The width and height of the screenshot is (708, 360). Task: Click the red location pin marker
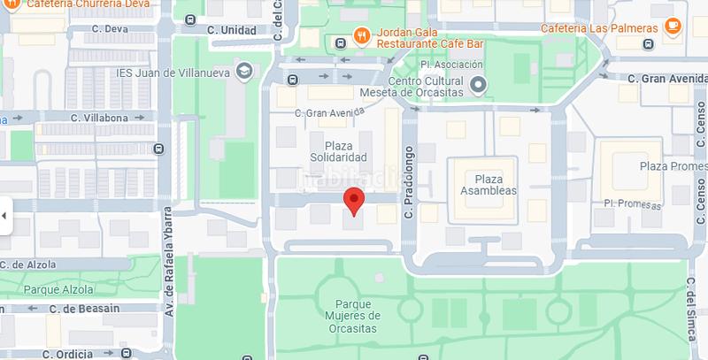353,201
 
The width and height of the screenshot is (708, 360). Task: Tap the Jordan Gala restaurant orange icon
361,36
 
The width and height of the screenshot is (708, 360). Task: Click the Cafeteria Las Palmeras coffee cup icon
673,25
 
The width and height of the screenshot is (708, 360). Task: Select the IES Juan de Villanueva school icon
244,70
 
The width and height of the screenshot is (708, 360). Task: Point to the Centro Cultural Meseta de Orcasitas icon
479,85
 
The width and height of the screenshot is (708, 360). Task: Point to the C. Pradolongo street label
409,182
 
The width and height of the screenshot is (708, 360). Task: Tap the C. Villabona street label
100,117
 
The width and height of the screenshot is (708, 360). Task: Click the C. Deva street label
111,29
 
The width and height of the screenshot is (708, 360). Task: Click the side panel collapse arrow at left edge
4,215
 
